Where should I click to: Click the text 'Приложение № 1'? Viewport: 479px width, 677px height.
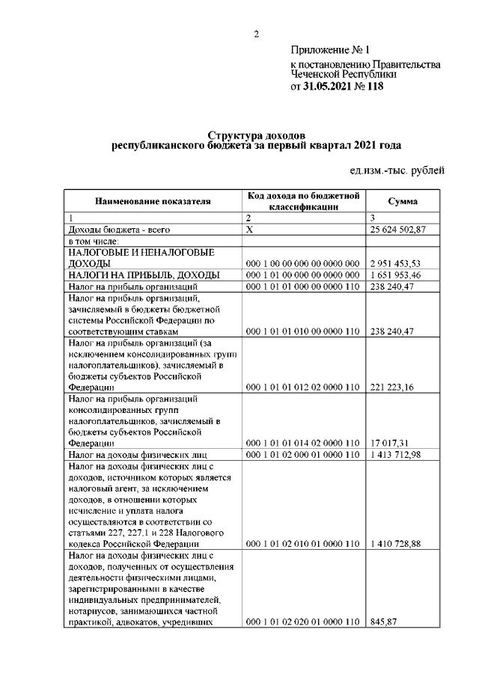click(x=331, y=51)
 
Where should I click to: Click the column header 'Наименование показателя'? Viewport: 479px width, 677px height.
click(x=153, y=201)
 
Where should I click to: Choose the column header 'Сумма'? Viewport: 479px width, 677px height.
click(x=403, y=201)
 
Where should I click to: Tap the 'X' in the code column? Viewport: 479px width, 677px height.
click(x=250, y=230)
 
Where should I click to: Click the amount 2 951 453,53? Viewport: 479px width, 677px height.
click(x=395, y=263)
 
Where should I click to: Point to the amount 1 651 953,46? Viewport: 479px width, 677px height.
click(x=395, y=275)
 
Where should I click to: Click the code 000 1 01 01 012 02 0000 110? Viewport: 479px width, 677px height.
click(x=302, y=387)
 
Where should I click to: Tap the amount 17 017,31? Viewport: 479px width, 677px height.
click(x=389, y=443)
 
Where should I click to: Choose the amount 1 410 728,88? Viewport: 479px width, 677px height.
click(x=395, y=543)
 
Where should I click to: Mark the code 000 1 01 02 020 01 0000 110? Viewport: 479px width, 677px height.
click(x=302, y=621)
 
